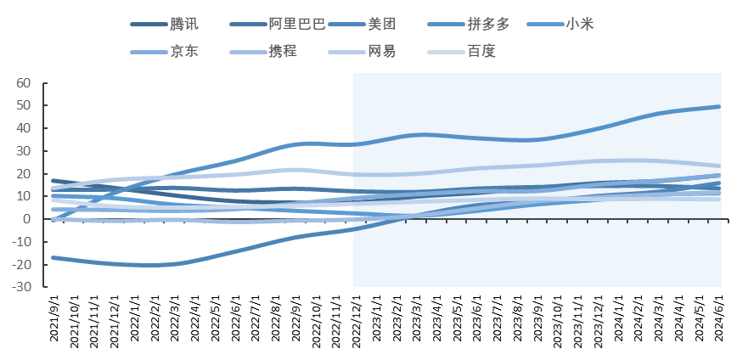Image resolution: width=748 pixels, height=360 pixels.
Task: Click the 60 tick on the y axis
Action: click(23, 83)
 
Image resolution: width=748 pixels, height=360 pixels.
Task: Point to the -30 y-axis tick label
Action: click(20, 287)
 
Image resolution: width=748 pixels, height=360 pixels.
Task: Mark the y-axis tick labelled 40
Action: click(23, 128)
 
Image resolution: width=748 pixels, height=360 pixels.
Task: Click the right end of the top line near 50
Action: click(719, 107)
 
